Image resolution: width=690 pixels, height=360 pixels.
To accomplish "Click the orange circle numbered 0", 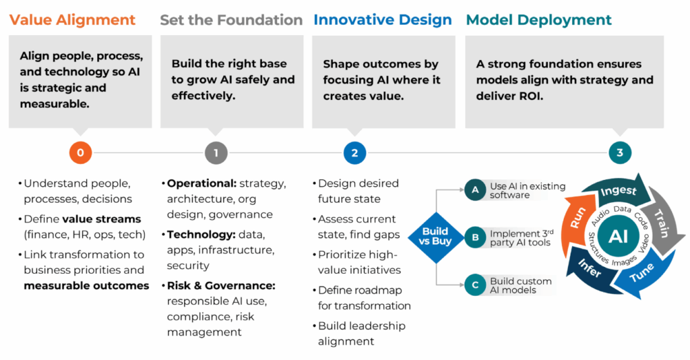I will [80, 153].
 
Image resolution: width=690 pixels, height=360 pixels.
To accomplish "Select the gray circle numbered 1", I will [216, 153].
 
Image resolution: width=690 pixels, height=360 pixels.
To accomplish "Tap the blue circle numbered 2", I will [354, 153].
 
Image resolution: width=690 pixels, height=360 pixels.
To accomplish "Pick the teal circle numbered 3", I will [619, 153].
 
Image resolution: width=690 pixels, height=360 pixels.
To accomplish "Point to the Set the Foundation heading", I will [231, 20].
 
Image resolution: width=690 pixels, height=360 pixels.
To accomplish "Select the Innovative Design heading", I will [383, 20].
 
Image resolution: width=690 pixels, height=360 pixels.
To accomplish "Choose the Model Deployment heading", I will [539, 20].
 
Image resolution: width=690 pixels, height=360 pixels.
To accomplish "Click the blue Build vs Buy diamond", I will [435, 237].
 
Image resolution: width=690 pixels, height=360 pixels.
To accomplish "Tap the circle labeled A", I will [475, 190].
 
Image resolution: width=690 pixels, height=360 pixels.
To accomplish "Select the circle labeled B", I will [475, 237].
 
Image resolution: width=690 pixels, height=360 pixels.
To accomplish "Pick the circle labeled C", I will [475, 284].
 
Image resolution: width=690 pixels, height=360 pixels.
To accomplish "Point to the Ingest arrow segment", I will [617, 191].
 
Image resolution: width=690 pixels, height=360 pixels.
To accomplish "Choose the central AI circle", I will [619, 236].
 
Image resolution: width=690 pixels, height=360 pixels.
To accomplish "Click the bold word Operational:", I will [199, 183].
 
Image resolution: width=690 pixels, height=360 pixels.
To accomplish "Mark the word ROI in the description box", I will [532, 96].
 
